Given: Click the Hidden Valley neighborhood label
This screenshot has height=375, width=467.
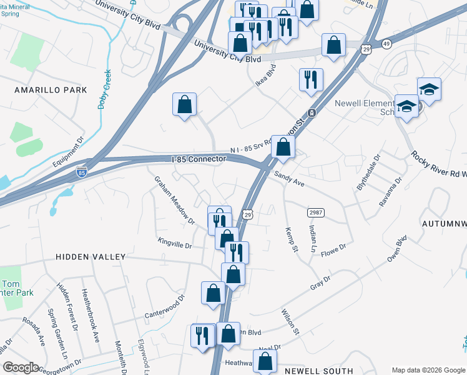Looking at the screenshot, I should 91,257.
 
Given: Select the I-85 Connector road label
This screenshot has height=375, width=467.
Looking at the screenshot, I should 199,159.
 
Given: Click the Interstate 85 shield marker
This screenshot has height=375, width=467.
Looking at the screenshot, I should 81,171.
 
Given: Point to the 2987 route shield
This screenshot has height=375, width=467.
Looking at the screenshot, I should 315,212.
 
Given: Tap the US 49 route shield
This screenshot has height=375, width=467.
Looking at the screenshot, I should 387,43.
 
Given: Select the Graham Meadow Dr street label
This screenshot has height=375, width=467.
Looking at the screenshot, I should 175,199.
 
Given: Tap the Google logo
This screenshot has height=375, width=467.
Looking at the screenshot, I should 21,367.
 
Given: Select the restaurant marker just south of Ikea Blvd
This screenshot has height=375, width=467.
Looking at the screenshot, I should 311,80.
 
